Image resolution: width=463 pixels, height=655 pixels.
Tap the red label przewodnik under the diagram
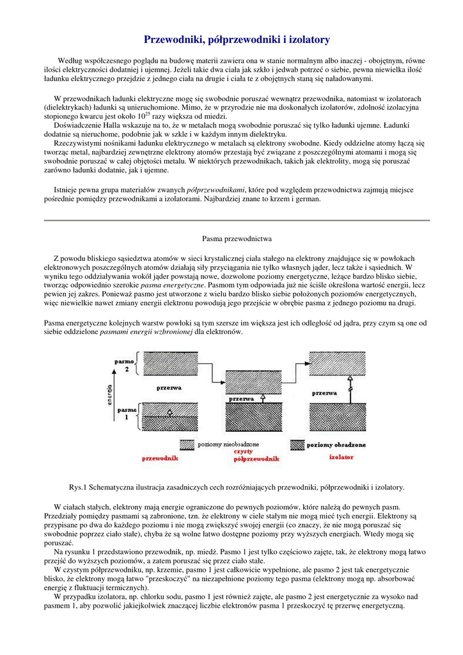pyautogui.click(x=160, y=458)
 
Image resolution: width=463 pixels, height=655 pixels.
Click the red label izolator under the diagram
pyautogui.click(x=341, y=457)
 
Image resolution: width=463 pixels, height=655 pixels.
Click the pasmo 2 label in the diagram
pyautogui.click(x=124, y=365)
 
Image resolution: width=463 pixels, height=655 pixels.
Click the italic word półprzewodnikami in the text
pyautogui.click(x=216, y=190)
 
